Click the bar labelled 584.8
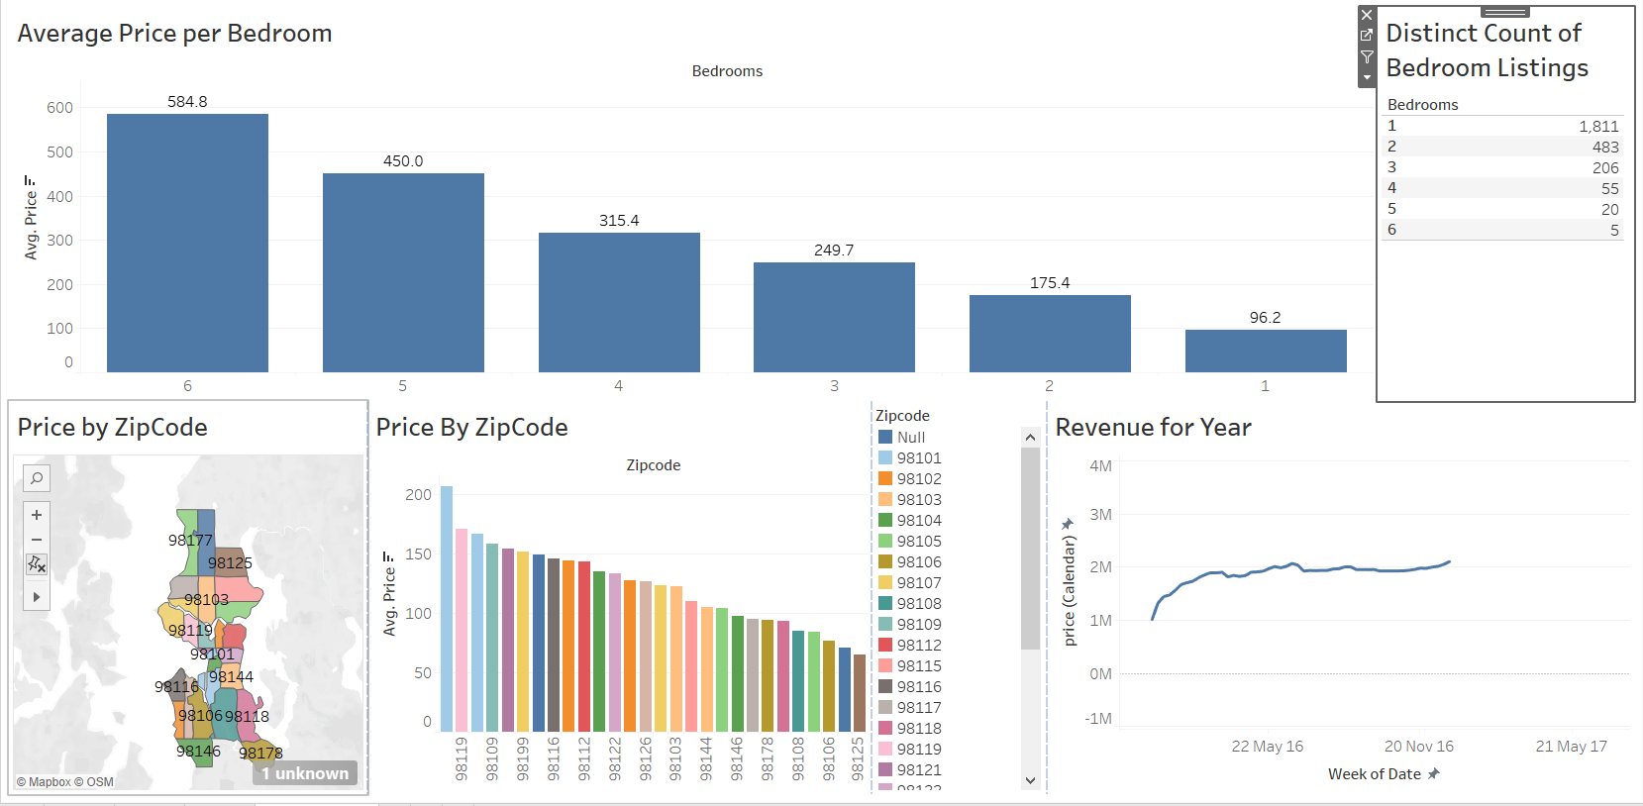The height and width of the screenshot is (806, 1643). pos(187,243)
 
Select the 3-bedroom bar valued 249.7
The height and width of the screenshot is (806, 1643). pos(834,317)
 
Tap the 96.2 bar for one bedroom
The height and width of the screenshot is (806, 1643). pos(1265,351)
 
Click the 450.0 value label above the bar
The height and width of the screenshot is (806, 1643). pos(403,161)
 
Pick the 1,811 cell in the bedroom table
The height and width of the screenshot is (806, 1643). pos(1598,127)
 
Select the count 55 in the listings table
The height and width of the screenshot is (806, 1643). pos(1609,188)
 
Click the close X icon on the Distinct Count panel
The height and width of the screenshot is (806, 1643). pos(1367,16)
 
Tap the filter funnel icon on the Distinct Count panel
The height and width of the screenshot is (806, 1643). pos(1367,56)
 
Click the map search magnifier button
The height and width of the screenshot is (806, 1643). pos(37,479)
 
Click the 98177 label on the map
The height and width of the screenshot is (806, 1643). pos(190,541)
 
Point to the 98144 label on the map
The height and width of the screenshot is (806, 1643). pos(231,677)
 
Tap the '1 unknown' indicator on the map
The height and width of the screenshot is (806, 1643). pos(305,773)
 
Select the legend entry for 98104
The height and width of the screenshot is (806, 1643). pos(919,521)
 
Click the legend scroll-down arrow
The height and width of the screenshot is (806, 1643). pos(1030,780)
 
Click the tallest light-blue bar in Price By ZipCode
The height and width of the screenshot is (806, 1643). pos(447,608)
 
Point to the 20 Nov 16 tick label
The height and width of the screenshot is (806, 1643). pos(1418,747)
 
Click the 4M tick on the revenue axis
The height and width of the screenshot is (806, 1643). pos(1100,466)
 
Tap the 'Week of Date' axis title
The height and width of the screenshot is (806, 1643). pos(1375,774)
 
